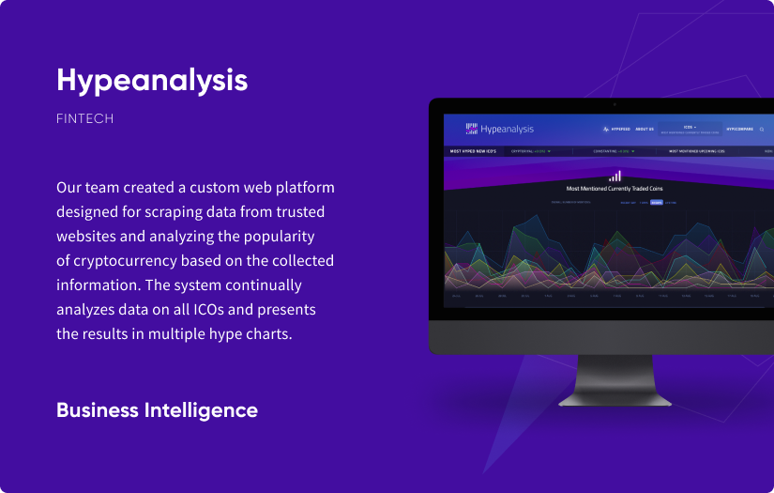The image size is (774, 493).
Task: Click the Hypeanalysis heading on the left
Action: point(152,81)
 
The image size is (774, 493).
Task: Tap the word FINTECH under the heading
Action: point(85,119)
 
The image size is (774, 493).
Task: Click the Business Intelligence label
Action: point(157,410)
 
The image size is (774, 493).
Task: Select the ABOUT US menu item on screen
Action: point(645,129)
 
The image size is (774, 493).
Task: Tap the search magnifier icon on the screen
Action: point(762,129)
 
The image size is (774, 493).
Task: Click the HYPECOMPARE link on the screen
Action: point(739,129)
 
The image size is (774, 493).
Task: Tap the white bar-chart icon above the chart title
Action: point(615,176)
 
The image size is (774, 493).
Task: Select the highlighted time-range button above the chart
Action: point(656,202)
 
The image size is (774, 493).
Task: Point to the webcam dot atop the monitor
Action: point(614,104)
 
